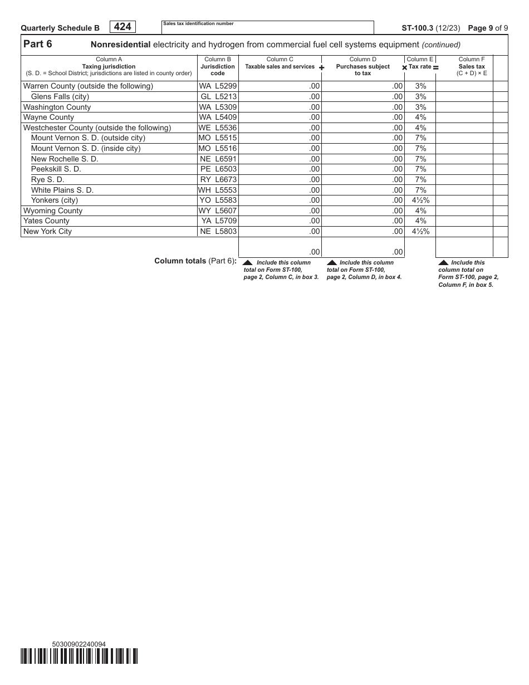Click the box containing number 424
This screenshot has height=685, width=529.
click(123, 27)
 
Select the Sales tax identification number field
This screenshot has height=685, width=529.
click(267, 28)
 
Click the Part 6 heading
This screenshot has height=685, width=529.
click(38, 45)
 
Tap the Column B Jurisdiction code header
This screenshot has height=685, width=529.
click(218, 66)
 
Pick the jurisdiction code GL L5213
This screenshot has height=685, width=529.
click(218, 96)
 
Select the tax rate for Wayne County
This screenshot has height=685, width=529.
click(420, 118)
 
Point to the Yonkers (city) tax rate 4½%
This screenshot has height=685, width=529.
click(420, 200)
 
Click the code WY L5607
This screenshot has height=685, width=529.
click(218, 211)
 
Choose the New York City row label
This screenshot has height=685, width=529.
click(47, 232)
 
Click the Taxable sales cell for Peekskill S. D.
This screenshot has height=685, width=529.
click(280, 169)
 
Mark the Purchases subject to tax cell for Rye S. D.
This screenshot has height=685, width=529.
click(363, 180)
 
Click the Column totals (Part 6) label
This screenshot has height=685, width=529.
click(195, 261)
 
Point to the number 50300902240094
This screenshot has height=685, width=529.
click(79, 644)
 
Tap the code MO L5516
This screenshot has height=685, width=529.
click(218, 149)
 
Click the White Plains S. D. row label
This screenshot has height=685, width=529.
click(62, 190)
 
